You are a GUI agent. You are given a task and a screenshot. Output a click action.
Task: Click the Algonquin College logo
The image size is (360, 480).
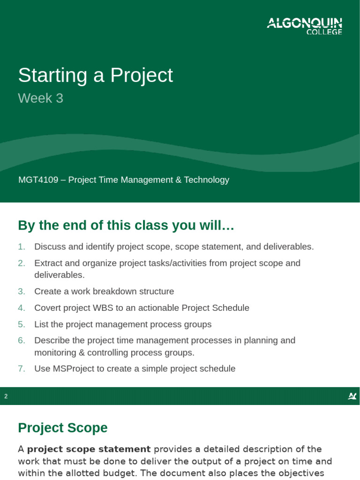point(304,26)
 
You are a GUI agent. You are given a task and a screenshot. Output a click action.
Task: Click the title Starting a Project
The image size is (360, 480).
point(95,75)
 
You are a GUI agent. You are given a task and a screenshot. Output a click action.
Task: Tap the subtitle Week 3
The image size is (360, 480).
point(40,98)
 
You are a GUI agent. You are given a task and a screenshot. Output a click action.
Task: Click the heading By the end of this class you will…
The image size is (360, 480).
point(126,225)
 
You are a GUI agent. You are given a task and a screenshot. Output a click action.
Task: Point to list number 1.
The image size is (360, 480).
point(22,247)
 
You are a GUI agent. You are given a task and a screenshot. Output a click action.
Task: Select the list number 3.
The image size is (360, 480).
point(22,292)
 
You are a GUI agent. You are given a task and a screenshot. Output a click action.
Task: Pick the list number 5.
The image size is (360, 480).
point(22,324)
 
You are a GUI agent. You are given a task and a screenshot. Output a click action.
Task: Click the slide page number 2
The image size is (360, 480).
point(6,397)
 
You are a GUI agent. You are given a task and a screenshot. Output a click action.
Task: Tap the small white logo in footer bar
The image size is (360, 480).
point(352,397)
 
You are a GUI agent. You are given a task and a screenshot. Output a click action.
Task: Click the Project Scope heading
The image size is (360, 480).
point(62,428)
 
